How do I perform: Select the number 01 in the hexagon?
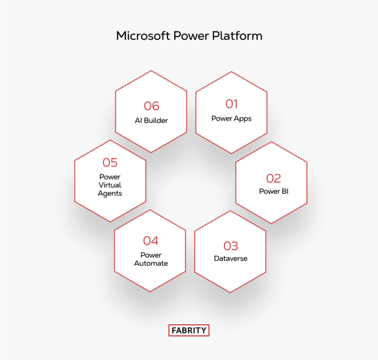pos(231,104)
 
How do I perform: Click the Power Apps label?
pos(231,118)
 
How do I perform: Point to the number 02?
pos(273,178)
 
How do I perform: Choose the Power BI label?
pos(273,191)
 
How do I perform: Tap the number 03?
pos(230,245)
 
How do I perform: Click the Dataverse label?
pos(230,258)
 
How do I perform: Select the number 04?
pos(151,240)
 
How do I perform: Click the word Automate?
pos(151,264)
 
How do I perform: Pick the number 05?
pos(110,162)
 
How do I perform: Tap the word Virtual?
pos(110,185)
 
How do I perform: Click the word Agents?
pos(110,193)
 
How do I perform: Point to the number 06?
pos(151,106)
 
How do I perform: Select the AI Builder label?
pos(151,120)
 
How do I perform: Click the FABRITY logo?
pos(189,330)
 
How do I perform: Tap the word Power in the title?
pos(191,36)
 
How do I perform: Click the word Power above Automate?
pos(151,255)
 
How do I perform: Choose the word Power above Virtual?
pos(110,177)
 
